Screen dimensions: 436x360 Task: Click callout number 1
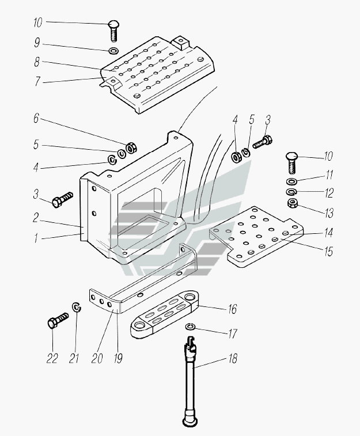tap(36, 237)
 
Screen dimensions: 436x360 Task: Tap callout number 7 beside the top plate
tap(37, 82)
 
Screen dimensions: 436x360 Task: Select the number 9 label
tap(37, 43)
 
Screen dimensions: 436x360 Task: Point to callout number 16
tap(232, 309)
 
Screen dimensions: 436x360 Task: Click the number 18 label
tap(232, 359)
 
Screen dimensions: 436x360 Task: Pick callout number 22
tap(52, 358)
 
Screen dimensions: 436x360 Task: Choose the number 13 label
tap(329, 213)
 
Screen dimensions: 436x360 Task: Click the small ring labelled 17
tap(191, 328)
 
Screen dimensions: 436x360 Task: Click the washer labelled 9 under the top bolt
tap(114, 52)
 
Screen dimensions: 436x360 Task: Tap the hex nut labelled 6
tap(131, 147)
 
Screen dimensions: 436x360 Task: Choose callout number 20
tap(97, 358)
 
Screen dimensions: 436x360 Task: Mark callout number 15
tap(329, 252)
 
